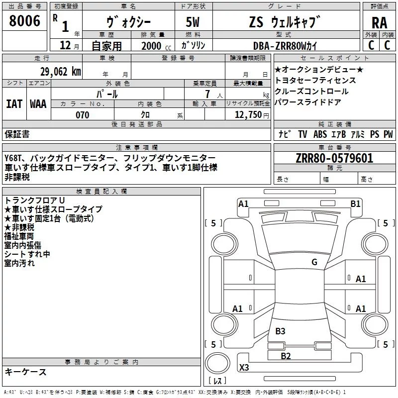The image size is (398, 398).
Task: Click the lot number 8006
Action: pyautogui.click(x=25, y=21)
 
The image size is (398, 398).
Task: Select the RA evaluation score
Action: pyautogui.click(x=379, y=23)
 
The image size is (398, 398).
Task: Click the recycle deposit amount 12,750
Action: pyautogui.click(x=247, y=115)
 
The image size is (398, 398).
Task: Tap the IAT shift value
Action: pyautogui.click(x=14, y=104)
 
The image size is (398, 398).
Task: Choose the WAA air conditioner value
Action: pyautogui.click(x=38, y=104)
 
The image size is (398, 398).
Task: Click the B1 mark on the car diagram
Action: pyautogui.click(x=355, y=203)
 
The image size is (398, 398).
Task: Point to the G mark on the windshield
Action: pyautogui.click(x=314, y=262)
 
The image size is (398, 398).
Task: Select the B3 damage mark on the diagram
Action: pyautogui.click(x=280, y=331)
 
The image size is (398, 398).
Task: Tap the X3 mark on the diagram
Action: pyautogui.click(x=244, y=368)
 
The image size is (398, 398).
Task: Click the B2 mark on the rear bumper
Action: pyautogui.click(x=286, y=356)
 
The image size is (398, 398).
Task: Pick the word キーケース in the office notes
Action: pyautogui.click(x=25, y=372)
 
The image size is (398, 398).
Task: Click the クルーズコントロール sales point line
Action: pyautogui.click(x=311, y=92)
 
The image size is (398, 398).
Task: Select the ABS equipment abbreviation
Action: pyautogui.click(x=320, y=134)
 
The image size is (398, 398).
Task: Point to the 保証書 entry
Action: pyautogui.click(x=17, y=134)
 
